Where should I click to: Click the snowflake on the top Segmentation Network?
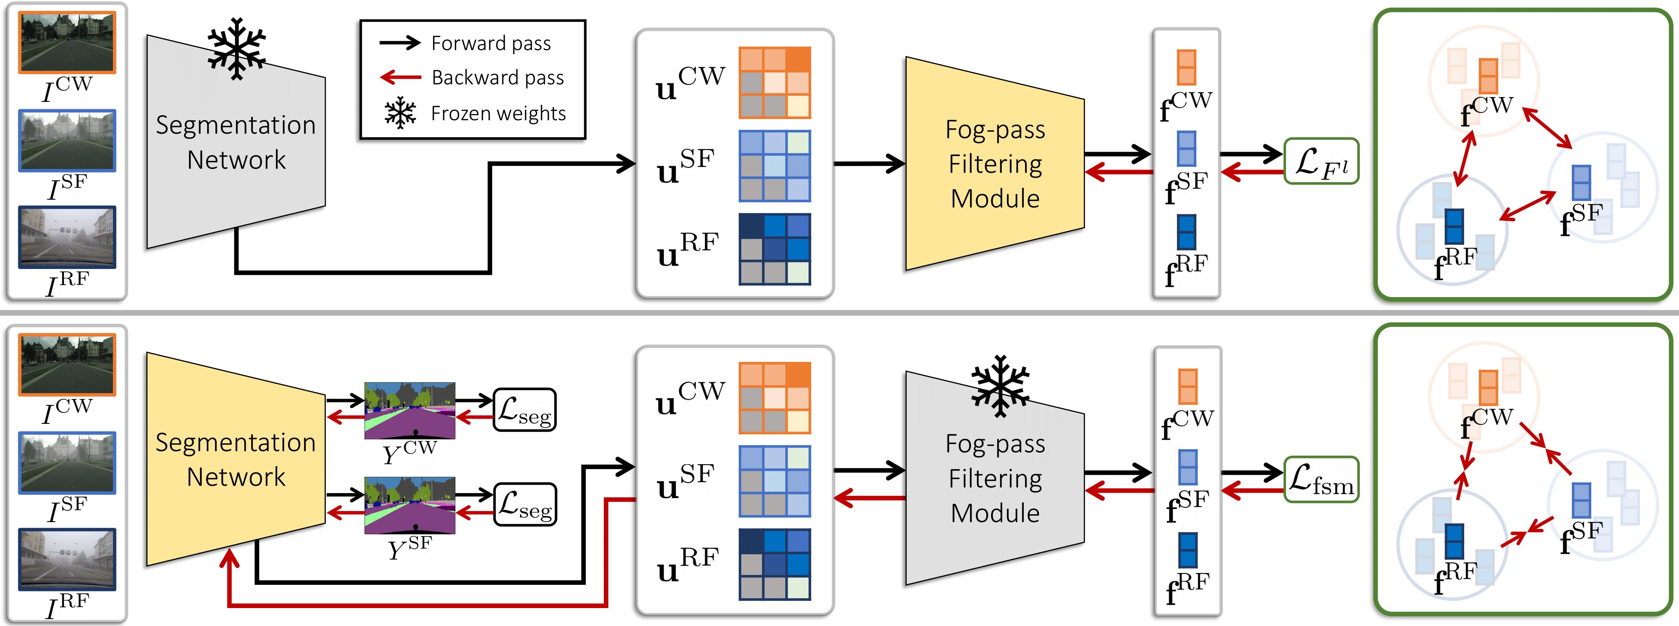pos(236,49)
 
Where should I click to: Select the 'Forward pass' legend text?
pos(491,43)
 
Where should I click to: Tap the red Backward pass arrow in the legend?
pos(401,77)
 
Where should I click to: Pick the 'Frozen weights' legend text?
pos(499,113)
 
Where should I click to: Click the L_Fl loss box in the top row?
pos(1321,161)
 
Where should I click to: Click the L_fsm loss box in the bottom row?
pos(1321,479)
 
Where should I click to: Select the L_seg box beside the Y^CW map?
pos(525,410)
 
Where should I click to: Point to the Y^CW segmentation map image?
pos(409,410)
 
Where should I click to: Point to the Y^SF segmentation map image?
pos(409,505)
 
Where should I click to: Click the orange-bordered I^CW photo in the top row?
pos(67,42)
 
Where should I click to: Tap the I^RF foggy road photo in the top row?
pos(67,237)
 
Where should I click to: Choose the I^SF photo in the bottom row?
pos(67,463)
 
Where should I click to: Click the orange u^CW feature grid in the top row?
pos(774,83)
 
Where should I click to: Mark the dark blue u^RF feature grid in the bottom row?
pos(774,564)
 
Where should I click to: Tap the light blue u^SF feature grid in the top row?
pos(774,166)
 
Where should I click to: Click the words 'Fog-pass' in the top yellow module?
pos(995,130)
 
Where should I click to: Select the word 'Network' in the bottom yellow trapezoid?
pos(236,477)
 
